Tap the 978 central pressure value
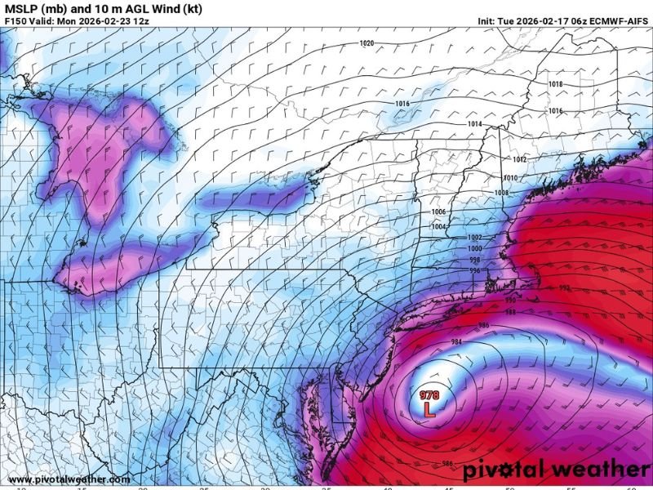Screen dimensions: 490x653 [x=429, y=395]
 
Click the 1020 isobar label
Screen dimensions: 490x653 [x=366, y=42]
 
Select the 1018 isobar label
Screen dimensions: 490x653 [x=555, y=84]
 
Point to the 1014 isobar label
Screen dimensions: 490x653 [x=474, y=124]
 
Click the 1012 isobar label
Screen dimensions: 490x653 [x=520, y=159]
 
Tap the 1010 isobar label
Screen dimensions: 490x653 [x=511, y=178]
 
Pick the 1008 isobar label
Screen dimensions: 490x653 [x=501, y=193]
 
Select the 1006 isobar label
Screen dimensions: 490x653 [x=439, y=212]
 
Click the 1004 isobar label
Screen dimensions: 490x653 [x=439, y=226]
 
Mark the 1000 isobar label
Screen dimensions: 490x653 [x=474, y=248]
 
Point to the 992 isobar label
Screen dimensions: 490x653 [x=565, y=288]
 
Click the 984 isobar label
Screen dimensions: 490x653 [x=456, y=341]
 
